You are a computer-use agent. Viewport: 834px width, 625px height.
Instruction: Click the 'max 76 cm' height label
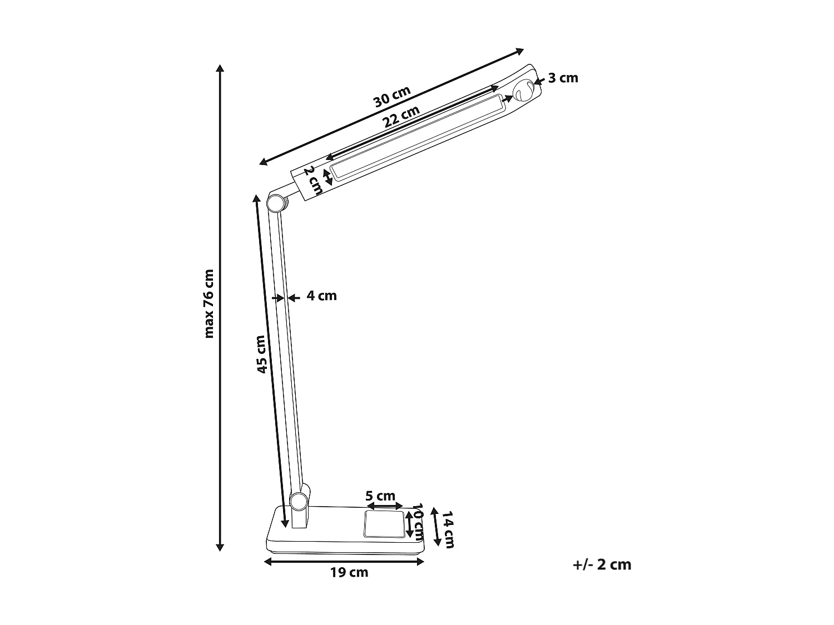click(x=209, y=304)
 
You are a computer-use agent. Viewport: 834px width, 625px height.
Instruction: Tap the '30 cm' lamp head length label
click(x=391, y=97)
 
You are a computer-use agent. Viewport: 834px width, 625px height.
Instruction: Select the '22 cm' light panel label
click(x=401, y=117)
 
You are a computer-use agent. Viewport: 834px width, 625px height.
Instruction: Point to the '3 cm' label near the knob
click(x=563, y=78)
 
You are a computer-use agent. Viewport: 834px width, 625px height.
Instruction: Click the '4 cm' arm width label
click(x=322, y=296)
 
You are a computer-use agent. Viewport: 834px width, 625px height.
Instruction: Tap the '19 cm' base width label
click(x=349, y=572)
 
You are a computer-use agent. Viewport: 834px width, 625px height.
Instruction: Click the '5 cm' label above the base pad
click(x=380, y=496)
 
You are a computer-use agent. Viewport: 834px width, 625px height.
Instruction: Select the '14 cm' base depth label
click(x=448, y=530)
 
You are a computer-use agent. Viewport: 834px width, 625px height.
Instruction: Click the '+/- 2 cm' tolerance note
click(x=602, y=564)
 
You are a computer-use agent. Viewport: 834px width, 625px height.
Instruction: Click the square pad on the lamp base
click(x=384, y=524)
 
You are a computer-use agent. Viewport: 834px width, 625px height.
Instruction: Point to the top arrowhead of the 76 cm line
click(x=220, y=68)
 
